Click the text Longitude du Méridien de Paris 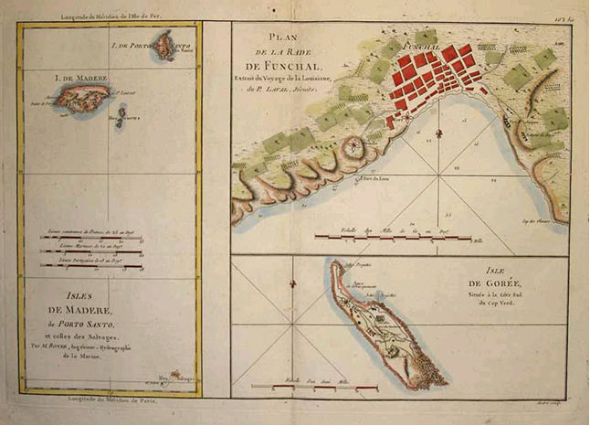coord(111,400)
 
